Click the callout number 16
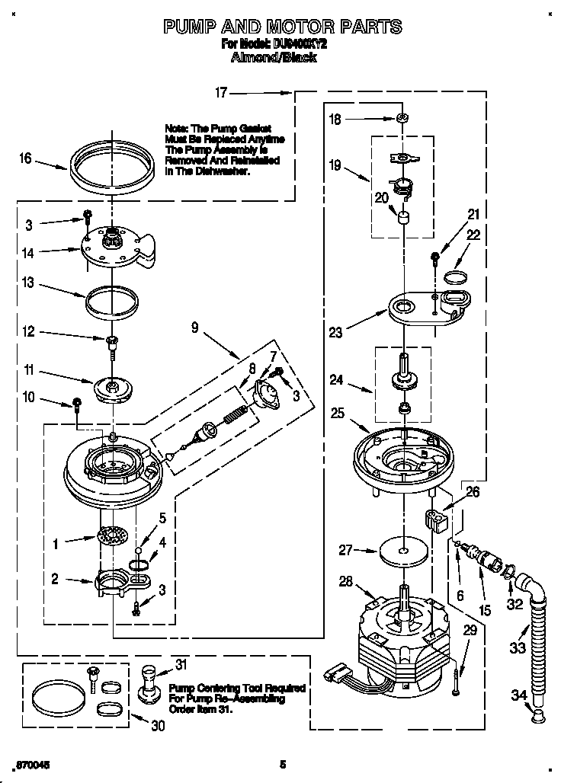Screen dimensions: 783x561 pyautogui.click(x=25, y=158)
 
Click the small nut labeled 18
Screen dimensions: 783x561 pyautogui.click(x=400, y=118)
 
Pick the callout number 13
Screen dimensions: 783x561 pyautogui.click(x=27, y=284)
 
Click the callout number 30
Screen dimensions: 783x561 pyautogui.click(x=158, y=726)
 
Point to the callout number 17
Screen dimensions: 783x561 pyautogui.click(x=221, y=93)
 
